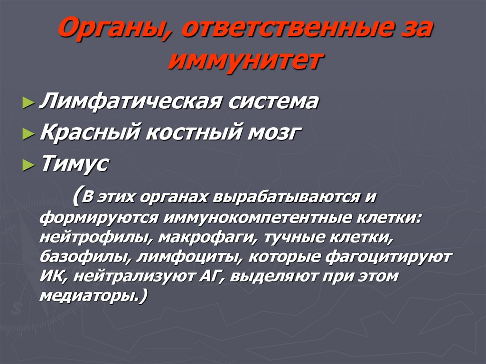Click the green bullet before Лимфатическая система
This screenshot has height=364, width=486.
click(x=28, y=103)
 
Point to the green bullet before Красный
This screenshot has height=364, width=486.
click(x=28, y=135)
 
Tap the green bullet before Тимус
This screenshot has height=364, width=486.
click(x=28, y=166)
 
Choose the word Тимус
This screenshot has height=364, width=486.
click(x=75, y=165)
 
